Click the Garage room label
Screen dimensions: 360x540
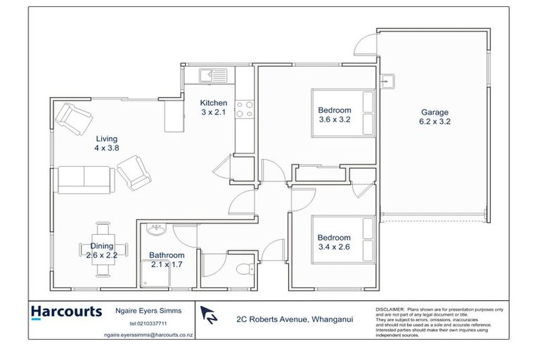(x=434, y=112)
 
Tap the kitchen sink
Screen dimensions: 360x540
(x=211, y=73)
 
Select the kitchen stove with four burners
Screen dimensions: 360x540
(x=243, y=109)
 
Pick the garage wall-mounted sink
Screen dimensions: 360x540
(x=385, y=81)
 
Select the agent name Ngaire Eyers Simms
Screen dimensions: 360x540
(x=148, y=310)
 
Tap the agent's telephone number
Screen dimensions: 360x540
(x=148, y=323)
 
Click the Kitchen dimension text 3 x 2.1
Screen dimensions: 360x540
(x=213, y=112)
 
